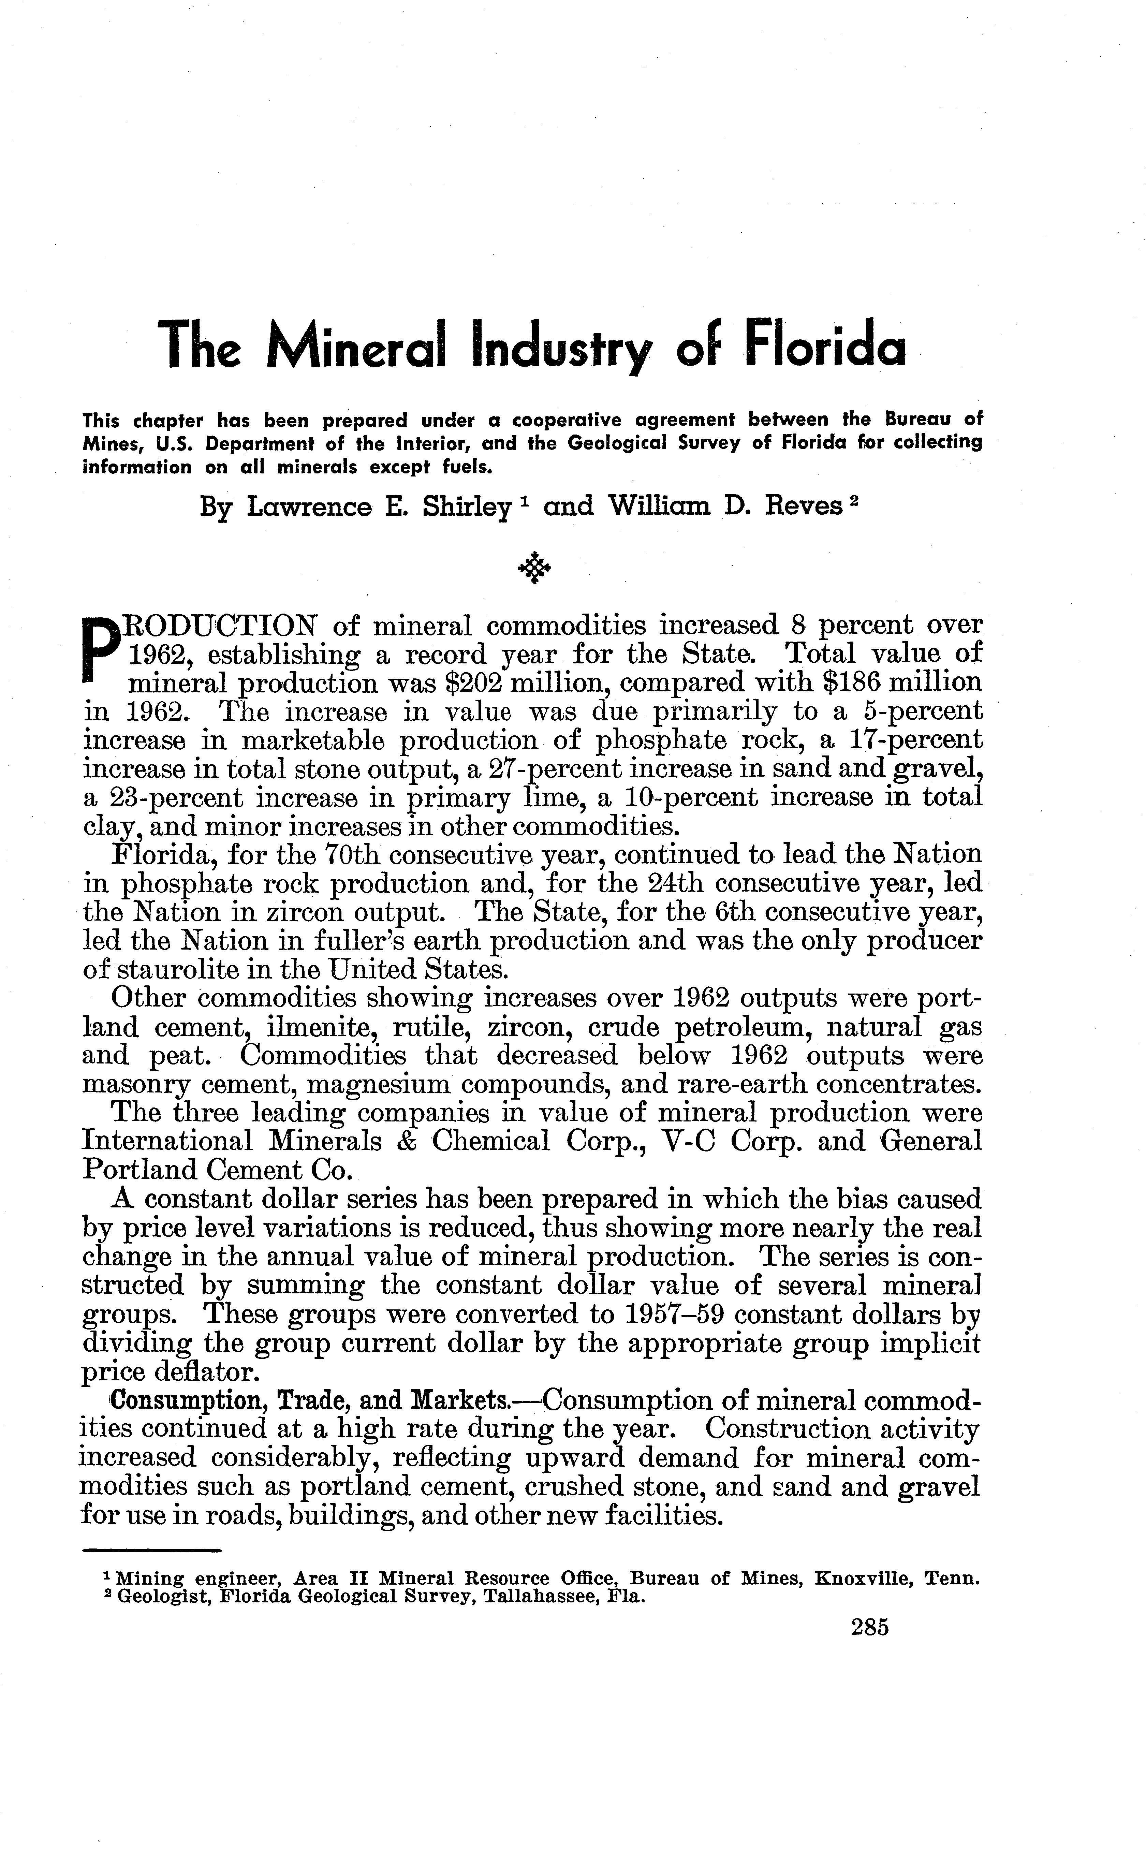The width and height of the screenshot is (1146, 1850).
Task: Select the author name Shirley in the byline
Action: point(466,506)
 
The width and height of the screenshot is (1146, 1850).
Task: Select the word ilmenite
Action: point(319,1028)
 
